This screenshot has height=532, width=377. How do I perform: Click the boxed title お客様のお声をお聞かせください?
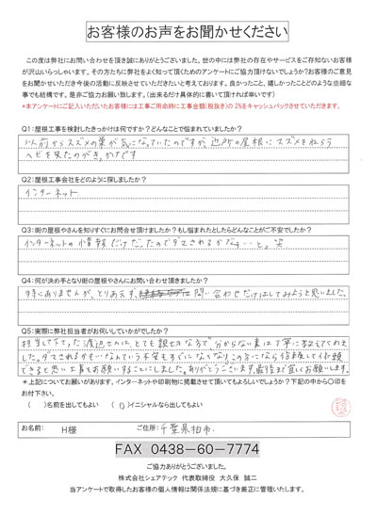(x=188, y=31)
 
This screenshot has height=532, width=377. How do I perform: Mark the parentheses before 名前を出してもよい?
(x=39, y=397)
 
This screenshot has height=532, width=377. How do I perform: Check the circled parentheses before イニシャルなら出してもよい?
(x=144, y=397)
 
